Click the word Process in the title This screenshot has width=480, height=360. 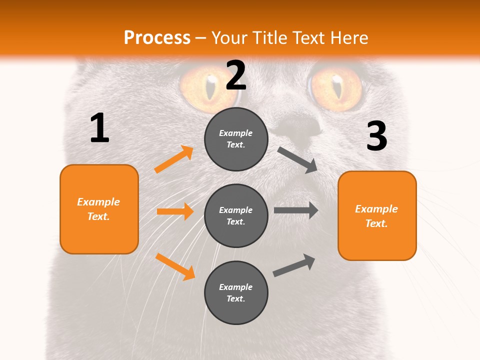click(157, 37)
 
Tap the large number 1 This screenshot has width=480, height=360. click(99, 128)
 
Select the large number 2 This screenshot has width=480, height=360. click(236, 75)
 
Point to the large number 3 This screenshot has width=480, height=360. click(376, 136)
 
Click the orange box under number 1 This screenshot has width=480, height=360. click(99, 209)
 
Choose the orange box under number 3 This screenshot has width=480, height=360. click(377, 215)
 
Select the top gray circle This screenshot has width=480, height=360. click(236, 139)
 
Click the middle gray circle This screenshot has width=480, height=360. click(236, 215)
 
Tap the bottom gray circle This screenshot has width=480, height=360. click(236, 292)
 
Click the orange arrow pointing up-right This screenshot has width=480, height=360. click(174, 159)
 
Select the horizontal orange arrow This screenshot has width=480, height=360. click(175, 211)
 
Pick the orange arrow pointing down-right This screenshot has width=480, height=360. click(175, 266)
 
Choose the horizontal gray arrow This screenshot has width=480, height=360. click(296, 210)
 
